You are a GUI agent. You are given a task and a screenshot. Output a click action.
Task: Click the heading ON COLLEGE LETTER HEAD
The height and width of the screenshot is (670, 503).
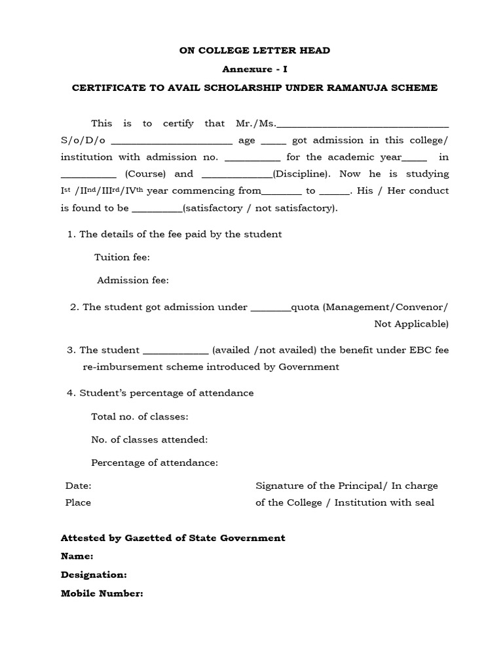[255, 51]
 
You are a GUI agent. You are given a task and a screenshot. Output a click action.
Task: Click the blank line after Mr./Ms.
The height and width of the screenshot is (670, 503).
[363, 125]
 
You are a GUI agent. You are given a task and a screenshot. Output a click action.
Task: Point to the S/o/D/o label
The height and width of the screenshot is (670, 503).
[83, 140]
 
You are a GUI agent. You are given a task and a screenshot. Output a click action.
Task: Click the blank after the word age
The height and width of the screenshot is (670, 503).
[274, 142]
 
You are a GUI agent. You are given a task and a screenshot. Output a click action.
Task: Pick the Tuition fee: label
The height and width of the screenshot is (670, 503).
[122, 257]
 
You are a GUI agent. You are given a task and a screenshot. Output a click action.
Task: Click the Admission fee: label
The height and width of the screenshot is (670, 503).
[133, 280]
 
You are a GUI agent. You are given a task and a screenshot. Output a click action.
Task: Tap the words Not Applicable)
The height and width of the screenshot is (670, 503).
[411, 324]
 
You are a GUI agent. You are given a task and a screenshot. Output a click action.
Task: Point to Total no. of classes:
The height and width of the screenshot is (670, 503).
[140, 417]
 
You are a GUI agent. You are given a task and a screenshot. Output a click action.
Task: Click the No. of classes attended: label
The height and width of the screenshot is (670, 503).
[149, 440]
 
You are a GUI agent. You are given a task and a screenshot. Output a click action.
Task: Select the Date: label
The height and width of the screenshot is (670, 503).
[78, 485]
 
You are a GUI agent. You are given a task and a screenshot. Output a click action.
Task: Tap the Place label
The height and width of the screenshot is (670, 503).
[78, 502]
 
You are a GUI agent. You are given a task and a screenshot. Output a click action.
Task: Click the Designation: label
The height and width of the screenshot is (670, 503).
[94, 574]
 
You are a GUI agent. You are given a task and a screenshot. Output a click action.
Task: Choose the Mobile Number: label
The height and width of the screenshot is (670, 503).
[102, 593]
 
